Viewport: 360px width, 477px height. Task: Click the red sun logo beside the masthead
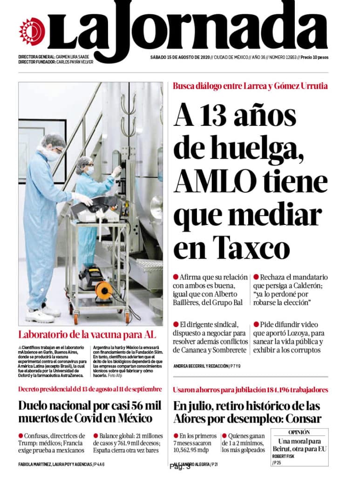pyautogui.click(x=32, y=31)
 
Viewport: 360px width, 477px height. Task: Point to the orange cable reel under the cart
pyautogui.click(x=103, y=292)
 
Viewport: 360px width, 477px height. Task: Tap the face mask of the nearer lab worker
pyautogui.click(x=53, y=155)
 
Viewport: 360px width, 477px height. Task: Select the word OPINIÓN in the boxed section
pyautogui.click(x=299, y=433)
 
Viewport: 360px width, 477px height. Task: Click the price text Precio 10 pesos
pyautogui.click(x=314, y=57)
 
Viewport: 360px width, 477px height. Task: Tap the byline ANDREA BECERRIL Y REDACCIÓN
pyautogui.click(x=200, y=366)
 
